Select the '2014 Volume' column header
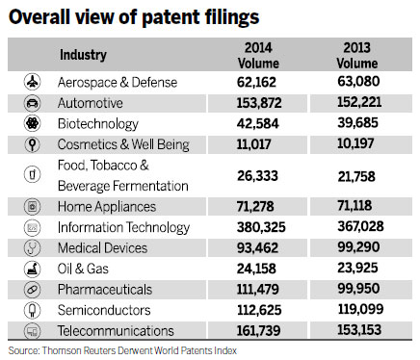260,55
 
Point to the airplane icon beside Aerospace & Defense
32,83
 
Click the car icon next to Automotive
32,103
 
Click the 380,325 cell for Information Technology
264,227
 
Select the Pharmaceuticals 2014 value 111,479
264,289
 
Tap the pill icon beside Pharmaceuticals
32,289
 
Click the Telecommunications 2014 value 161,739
264,330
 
